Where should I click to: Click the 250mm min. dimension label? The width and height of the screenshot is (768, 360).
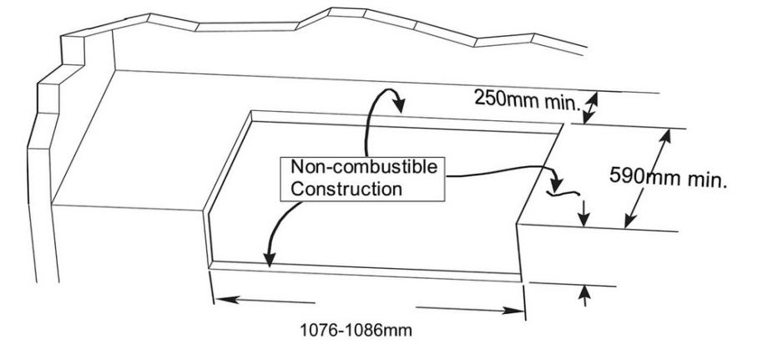pyautogui.click(x=527, y=100)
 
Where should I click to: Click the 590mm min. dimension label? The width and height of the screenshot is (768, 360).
pyautogui.click(x=668, y=177)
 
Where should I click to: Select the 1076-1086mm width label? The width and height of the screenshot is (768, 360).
pyautogui.click(x=356, y=330)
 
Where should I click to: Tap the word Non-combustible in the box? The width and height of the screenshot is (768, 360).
pyautogui.click(x=364, y=167)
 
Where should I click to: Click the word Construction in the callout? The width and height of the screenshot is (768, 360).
pyautogui.click(x=346, y=189)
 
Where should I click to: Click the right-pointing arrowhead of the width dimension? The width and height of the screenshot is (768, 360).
pyautogui.click(x=513, y=311)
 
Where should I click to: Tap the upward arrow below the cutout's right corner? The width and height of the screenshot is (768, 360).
pyautogui.click(x=584, y=296)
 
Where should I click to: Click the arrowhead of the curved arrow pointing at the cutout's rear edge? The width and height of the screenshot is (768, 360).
pyautogui.click(x=399, y=104)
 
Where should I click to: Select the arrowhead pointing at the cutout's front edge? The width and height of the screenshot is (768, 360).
pyautogui.click(x=270, y=259)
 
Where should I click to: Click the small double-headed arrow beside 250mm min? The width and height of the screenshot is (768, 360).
pyautogui.click(x=590, y=109)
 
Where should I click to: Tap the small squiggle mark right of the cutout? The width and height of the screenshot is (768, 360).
pyautogui.click(x=563, y=194)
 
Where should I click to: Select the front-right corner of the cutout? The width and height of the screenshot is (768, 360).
pyautogui.click(x=521, y=281)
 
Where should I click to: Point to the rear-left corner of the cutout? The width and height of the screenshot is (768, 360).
pyautogui.click(x=251, y=112)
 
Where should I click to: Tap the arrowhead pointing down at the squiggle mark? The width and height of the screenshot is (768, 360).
pyautogui.click(x=556, y=185)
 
